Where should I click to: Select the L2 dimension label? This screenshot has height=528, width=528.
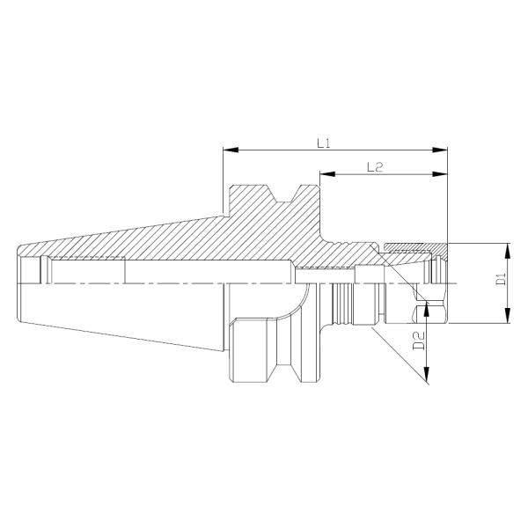point(373,166)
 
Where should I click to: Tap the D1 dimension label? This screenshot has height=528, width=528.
point(500,282)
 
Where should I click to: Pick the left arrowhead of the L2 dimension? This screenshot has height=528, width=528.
point(323,174)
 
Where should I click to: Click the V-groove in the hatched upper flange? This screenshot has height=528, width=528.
point(282,193)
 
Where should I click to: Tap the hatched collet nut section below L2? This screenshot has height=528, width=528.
point(414,243)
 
